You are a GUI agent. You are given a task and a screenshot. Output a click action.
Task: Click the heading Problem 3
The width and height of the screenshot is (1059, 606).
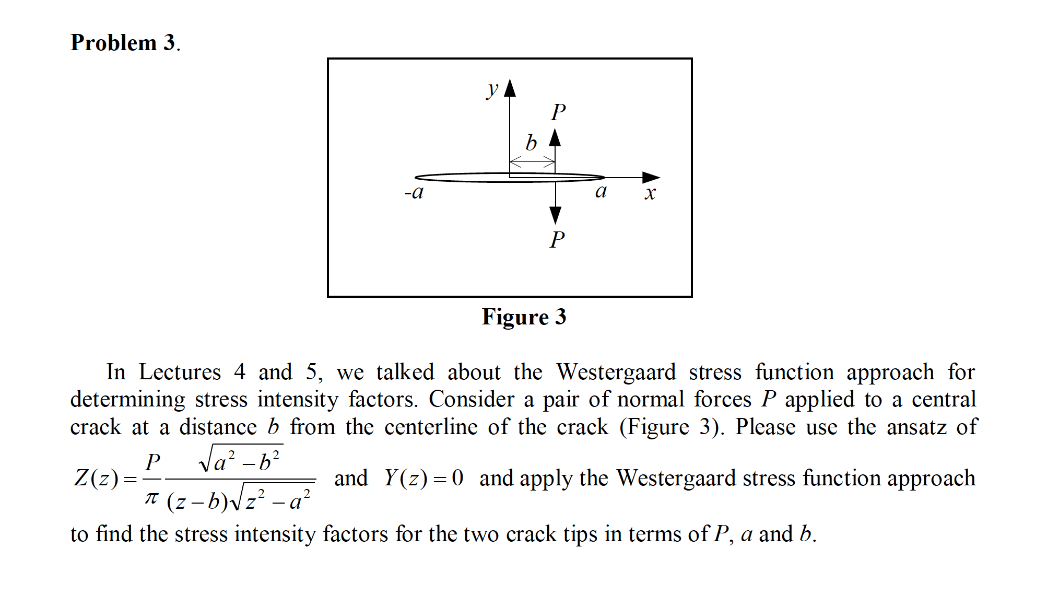tap(125, 43)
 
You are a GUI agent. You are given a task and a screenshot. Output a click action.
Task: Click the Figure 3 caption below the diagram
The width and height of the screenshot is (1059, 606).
tap(524, 317)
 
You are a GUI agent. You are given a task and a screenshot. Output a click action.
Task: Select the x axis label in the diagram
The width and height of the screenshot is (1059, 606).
tap(650, 193)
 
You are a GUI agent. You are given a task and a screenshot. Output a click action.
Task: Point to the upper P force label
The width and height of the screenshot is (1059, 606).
tap(558, 112)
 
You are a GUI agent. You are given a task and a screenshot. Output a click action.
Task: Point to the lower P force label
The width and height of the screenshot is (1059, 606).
tap(557, 240)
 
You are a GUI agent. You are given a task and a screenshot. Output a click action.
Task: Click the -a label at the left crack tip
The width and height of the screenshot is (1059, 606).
tap(414, 193)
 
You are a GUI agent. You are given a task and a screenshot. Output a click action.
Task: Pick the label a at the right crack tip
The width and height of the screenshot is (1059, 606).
tap(601, 191)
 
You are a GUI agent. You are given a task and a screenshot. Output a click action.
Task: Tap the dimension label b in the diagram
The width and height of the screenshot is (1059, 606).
tap(531, 143)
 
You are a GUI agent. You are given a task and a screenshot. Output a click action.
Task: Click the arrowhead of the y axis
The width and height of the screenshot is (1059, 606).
tap(510, 88)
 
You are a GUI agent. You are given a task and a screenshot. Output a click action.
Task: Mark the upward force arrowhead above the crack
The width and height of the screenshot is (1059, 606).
tap(555, 137)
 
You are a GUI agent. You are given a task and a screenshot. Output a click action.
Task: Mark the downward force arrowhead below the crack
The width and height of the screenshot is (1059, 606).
tap(556, 215)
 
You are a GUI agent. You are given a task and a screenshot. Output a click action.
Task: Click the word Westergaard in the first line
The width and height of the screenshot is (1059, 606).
tap(616, 372)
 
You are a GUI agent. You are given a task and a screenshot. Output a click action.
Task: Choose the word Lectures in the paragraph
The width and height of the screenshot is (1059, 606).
tap(180, 372)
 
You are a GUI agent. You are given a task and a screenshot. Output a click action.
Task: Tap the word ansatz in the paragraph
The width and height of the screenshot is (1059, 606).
tap(916, 427)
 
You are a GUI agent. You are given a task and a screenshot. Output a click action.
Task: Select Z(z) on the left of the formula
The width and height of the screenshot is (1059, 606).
tap(97, 478)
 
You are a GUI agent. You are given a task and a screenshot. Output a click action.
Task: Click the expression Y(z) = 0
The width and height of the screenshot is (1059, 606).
tap(423, 478)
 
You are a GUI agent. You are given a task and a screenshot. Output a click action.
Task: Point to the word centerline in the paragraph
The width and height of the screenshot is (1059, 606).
tap(431, 427)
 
